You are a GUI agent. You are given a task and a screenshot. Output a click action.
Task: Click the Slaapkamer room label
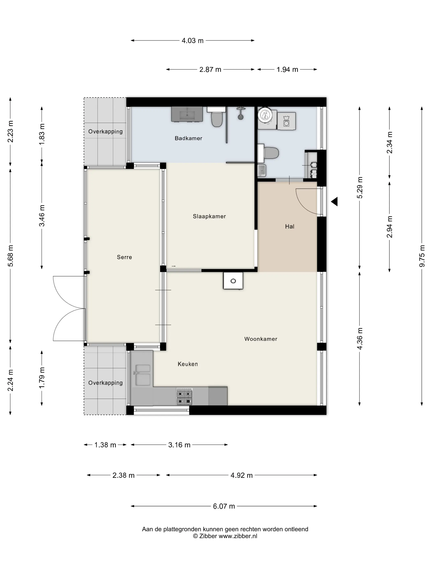coord(209,216)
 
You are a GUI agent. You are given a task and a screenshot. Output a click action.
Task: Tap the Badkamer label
coord(188,138)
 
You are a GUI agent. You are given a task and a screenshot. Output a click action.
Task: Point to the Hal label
coord(290,226)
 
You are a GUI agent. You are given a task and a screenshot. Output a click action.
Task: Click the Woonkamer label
coord(261,339)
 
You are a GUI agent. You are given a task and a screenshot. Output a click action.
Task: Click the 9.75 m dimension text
coord(422,256)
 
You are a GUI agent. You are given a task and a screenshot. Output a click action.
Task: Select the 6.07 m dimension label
coord(224,506)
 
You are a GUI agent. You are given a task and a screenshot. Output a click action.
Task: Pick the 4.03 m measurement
coord(192,41)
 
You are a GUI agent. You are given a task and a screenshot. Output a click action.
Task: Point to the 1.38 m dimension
coord(105,445)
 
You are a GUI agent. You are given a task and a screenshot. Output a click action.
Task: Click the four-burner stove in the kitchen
coord(184,397)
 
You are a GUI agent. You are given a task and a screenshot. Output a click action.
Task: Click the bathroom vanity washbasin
coord(187,114)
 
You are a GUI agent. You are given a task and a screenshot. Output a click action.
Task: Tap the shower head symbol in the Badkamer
coord(241,114)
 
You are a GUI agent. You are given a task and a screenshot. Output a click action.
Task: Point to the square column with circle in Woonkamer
coord(233,281)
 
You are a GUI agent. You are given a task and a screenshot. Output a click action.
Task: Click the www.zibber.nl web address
coord(238,536)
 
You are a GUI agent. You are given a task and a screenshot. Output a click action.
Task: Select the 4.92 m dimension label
coord(241,475)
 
